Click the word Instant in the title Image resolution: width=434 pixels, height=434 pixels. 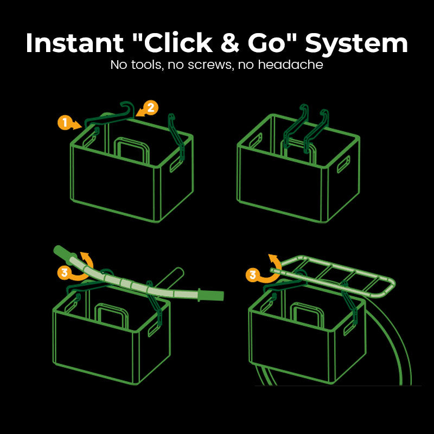pyautogui.click(x=75, y=43)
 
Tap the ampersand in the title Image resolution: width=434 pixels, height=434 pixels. pyautogui.click(x=230, y=43)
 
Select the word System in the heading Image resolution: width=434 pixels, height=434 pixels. pyautogui.click(x=356, y=43)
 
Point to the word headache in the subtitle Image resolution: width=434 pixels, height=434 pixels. pyautogui.click(x=290, y=65)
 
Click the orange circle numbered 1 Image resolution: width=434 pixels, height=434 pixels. pyautogui.click(x=65, y=123)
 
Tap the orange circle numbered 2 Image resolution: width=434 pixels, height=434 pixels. pyautogui.click(x=151, y=108)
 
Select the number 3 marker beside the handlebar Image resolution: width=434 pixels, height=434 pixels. pyautogui.click(x=64, y=273)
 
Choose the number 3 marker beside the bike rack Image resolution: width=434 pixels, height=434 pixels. pyautogui.click(x=253, y=275)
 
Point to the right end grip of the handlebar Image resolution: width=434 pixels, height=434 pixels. pyautogui.click(x=211, y=295)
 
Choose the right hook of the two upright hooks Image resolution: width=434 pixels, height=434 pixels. pyautogui.click(x=316, y=131)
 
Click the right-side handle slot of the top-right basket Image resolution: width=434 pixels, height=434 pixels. pyautogui.click(x=343, y=164)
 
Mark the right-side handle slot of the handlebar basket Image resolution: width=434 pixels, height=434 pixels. pyautogui.click(x=155, y=328)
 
